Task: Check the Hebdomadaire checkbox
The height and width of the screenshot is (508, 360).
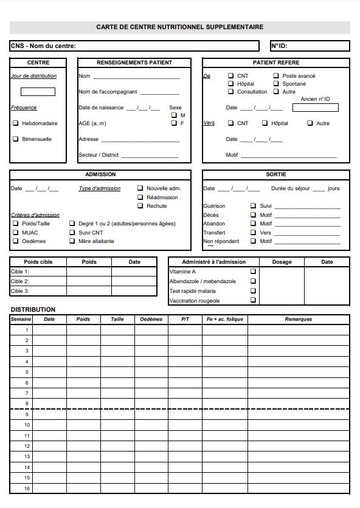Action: point(16,123)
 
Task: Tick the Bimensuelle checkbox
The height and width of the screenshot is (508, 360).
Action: point(16,139)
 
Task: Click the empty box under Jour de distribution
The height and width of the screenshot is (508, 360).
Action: point(38,92)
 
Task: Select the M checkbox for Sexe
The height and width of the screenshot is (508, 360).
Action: point(174,115)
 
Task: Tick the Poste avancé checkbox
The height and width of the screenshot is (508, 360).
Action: point(276,76)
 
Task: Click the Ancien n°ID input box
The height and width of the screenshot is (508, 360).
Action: point(315,108)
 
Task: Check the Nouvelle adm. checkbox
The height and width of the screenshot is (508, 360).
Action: point(140,188)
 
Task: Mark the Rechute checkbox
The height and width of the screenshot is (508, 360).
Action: point(140,206)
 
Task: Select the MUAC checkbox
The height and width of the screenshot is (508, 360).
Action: point(16,232)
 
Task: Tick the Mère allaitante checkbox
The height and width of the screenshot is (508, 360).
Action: point(72,241)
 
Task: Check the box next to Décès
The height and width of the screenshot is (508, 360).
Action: point(253,215)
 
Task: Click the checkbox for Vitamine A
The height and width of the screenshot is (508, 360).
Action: point(253,272)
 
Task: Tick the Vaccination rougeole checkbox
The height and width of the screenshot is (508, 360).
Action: point(253,300)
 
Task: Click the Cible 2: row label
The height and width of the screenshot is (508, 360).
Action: point(20,281)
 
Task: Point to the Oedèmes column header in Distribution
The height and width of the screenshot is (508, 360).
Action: point(151,320)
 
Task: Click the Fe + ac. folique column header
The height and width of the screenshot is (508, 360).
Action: point(225,320)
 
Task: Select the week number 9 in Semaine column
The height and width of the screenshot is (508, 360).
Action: point(27,414)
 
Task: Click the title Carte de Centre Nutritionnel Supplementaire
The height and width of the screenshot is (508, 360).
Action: point(179,27)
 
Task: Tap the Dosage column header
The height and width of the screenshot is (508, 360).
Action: point(282,262)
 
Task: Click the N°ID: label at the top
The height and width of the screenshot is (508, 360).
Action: point(279,46)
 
